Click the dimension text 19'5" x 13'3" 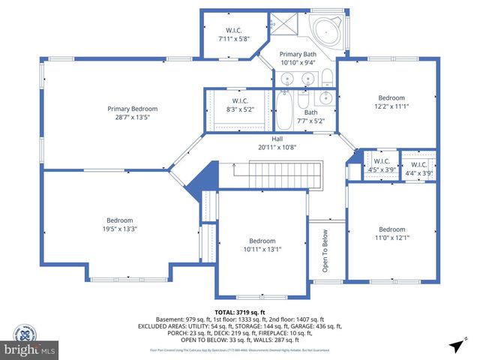point(119,229)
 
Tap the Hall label point(277,139)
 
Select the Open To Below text point(324,252)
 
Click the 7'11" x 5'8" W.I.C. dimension point(232,38)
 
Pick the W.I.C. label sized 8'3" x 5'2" point(240,100)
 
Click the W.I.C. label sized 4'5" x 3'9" point(382,161)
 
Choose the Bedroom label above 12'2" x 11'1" point(391,97)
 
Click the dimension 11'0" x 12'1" point(391,238)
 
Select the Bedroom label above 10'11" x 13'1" point(262,241)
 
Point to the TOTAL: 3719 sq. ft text point(240,312)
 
